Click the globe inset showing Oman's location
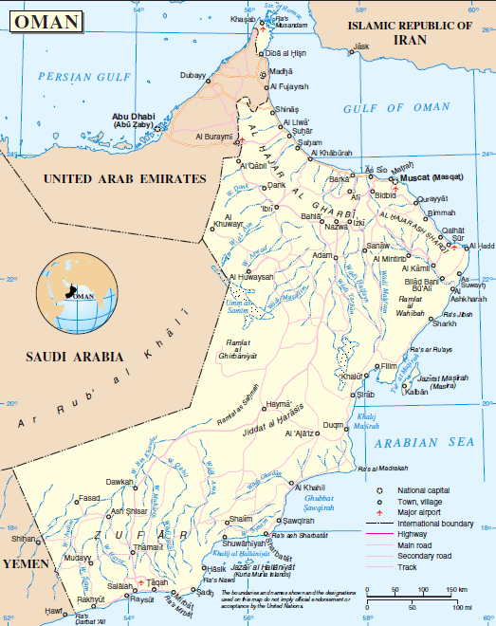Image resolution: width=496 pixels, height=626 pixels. pyautogui.click(x=76, y=295)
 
